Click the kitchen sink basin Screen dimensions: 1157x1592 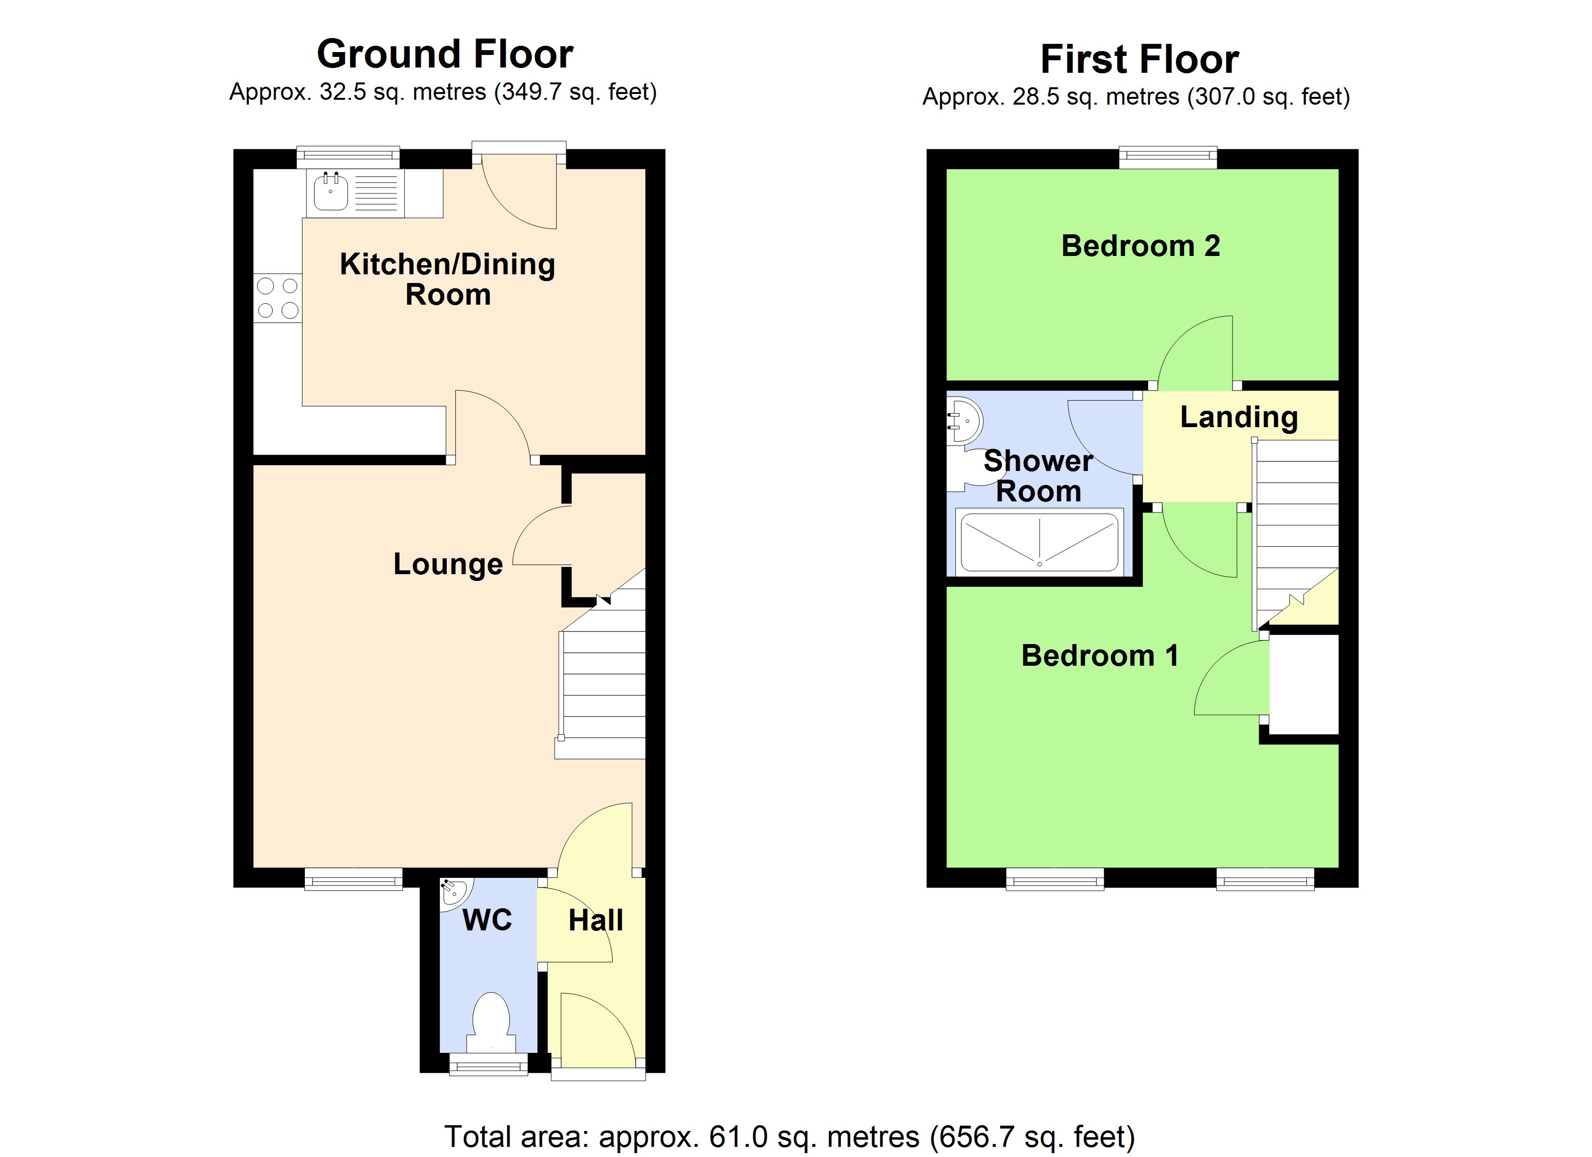(330, 193)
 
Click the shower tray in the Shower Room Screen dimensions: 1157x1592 (1039, 542)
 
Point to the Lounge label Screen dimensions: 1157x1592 (448, 564)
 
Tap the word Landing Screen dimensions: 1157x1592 (1238, 417)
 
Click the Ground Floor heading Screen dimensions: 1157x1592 (445, 54)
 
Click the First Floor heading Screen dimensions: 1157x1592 (1139, 59)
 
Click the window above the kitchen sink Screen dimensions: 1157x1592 (348, 157)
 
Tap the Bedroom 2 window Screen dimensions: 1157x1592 (1168, 157)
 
